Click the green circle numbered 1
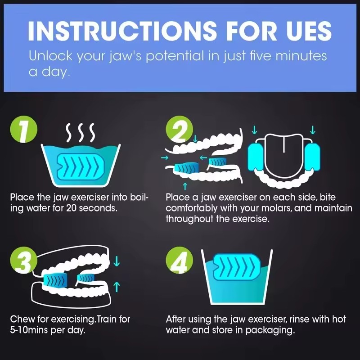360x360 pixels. (24, 129)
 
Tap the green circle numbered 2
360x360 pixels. (179, 129)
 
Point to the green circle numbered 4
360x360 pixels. (179, 260)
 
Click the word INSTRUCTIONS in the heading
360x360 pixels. (122, 31)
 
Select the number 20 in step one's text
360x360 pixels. (72, 208)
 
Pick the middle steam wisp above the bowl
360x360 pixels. (80, 133)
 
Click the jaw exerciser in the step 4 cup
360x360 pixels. (237, 266)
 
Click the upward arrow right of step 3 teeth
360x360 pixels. (117, 287)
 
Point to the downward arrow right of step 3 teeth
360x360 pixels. (117, 261)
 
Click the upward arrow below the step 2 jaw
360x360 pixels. (185, 186)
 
